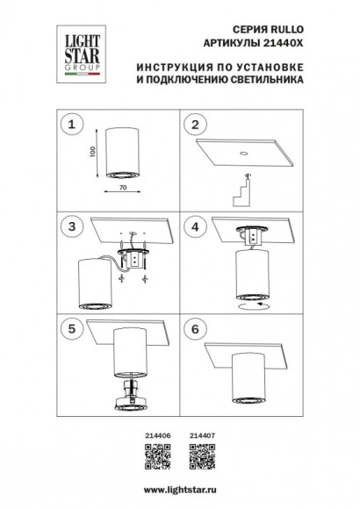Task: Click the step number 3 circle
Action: [76, 226]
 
